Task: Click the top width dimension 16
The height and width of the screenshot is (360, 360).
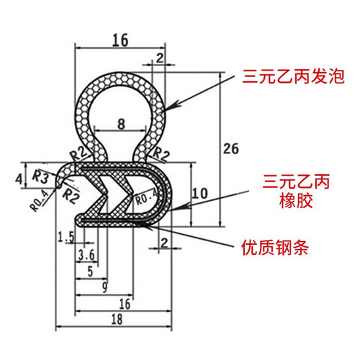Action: (120, 41)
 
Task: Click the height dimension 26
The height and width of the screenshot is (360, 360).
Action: (230, 149)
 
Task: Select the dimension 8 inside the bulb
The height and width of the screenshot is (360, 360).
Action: (120, 123)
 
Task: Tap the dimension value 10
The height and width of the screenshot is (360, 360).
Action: (202, 193)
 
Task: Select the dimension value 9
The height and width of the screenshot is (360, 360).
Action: (104, 287)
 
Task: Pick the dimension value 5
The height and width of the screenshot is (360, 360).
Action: (89, 271)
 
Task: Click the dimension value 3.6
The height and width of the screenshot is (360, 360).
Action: (86, 255)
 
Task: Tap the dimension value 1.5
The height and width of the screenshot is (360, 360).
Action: (67, 236)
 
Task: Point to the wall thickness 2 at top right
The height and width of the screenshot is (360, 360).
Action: (158, 57)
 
